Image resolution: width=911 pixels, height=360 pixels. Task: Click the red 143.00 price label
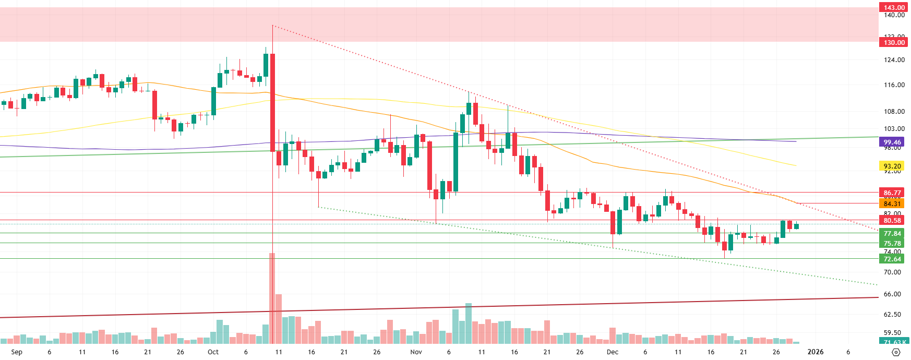(894, 7)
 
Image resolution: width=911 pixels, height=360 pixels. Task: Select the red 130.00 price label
(894, 42)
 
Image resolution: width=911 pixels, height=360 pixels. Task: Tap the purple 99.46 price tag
(892, 142)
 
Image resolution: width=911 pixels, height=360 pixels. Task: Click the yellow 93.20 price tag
(892, 166)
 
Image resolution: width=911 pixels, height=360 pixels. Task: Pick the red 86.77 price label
(892, 193)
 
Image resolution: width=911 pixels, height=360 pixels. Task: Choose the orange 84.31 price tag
(892, 203)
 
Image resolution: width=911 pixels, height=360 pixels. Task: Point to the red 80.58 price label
(892, 220)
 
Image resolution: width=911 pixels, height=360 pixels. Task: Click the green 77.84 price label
(892, 233)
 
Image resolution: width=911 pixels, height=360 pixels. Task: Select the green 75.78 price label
(892, 243)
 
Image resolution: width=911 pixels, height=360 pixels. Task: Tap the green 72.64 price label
(892, 259)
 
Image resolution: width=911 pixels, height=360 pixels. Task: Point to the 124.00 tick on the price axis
(894, 60)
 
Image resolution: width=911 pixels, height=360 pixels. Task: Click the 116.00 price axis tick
(894, 85)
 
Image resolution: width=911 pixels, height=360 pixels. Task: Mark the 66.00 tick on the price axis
(892, 294)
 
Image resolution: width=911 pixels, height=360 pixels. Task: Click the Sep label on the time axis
(17, 352)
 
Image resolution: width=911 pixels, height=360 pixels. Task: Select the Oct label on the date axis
(213, 352)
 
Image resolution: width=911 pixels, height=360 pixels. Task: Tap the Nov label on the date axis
(416, 352)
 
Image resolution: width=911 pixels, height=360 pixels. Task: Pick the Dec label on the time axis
(613, 352)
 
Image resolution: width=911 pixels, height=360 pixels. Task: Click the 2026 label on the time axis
(816, 352)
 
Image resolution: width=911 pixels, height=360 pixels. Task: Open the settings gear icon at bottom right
(896, 352)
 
